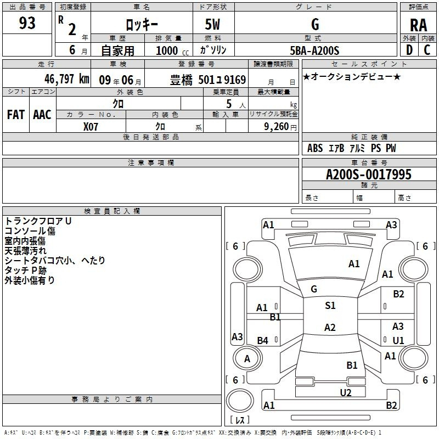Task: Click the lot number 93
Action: coord(27,24)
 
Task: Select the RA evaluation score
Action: coord(418,25)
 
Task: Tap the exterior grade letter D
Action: coord(409,49)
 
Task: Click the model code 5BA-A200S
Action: coord(314,50)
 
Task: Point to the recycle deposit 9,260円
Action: coord(280,126)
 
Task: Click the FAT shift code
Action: coord(16,114)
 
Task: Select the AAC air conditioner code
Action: coord(42,114)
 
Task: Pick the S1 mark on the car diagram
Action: coord(330,306)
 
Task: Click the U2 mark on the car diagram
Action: coord(345,392)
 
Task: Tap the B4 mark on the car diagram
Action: coord(262,341)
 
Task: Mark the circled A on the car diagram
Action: coord(247,358)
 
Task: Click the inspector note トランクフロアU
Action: coord(38,221)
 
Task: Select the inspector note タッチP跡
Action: coord(26,270)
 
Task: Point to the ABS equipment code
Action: coord(315,148)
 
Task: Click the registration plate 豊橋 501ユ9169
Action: coord(208,80)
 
